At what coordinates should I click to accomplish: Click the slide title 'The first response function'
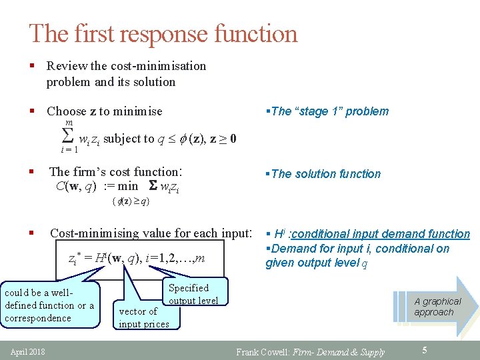click(x=163, y=33)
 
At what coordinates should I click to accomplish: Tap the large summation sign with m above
click(x=67, y=137)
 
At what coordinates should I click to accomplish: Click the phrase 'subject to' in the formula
click(x=129, y=139)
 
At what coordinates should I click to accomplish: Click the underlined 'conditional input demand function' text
click(x=380, y=234)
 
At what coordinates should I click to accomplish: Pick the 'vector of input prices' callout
click(x=143, y=317)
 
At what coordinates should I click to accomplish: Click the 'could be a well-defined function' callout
click(x=50, y=305)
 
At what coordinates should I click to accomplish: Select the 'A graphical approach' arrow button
click(x=436, y=307)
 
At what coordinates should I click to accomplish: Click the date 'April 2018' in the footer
click(x=27, y=351)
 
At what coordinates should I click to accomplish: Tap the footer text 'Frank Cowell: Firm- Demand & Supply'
click(x=311, y=352)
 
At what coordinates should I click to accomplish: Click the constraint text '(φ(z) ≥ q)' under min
click(x=131, y=201)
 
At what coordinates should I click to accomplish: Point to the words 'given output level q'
click(x=313, y=263)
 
